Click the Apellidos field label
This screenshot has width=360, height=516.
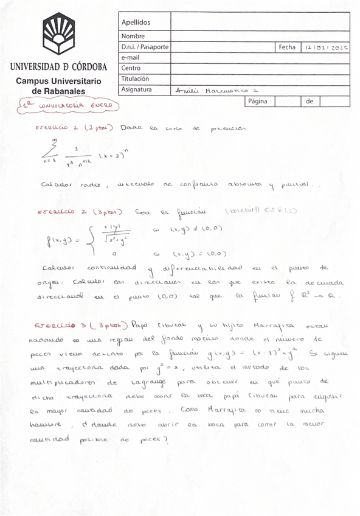(135, 23)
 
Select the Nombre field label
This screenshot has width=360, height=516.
(133, 37)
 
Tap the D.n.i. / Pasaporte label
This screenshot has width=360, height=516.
(145, 47)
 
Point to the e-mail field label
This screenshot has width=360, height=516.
(131, 57)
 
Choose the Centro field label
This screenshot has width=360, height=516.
(131, 68)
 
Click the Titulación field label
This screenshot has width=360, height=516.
(135, 78)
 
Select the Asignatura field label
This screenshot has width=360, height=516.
(136, 89)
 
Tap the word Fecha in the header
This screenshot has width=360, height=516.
(286, 47)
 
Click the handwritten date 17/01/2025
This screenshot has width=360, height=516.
(327, 47)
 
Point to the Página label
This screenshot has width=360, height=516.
(258, 101)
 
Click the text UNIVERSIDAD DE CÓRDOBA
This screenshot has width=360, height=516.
(58, 67)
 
